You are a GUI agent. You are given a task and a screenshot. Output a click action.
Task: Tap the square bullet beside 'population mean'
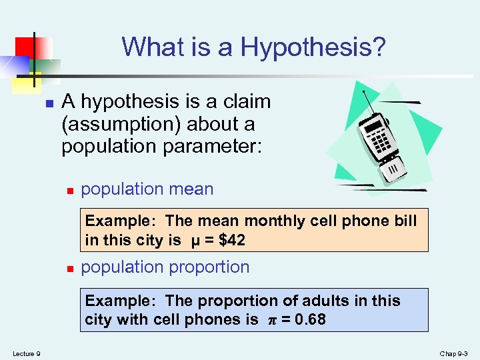[69, 191]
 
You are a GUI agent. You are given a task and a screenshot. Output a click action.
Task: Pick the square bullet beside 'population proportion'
[69, 269]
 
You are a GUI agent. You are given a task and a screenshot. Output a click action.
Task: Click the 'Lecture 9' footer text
[26, 353]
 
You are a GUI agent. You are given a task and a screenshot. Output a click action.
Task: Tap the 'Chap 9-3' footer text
[455, 353]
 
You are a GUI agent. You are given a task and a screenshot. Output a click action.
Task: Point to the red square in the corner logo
[26, 46]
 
